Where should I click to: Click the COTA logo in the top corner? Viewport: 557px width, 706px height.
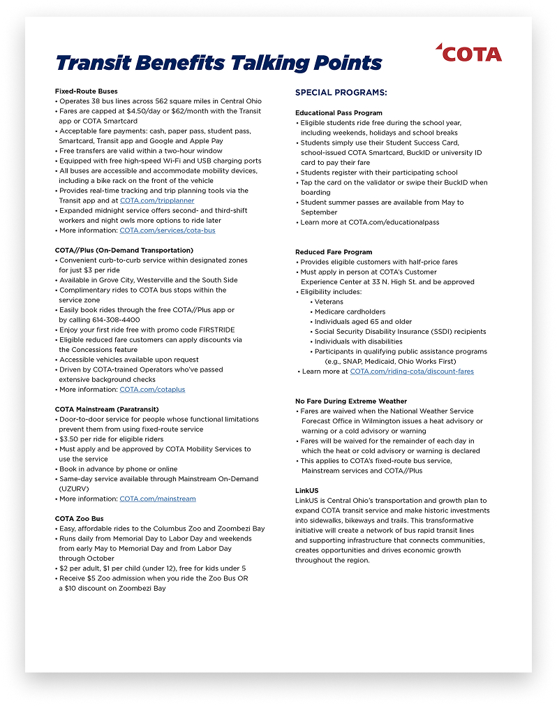[468, 53]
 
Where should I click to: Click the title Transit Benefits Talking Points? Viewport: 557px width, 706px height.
[218, 63]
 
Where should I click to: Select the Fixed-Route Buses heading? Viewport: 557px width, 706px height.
[87, 91]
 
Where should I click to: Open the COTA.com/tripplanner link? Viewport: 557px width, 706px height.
[157, 200]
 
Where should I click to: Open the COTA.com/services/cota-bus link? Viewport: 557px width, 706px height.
[168, 230]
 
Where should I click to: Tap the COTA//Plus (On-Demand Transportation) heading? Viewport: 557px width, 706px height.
[124, 250]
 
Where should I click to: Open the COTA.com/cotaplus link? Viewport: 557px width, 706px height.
[152, 390]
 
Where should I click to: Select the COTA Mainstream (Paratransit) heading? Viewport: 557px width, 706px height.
[107, 409]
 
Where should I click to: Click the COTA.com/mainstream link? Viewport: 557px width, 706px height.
[158, 499]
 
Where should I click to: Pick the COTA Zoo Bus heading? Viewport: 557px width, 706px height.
[79, 519]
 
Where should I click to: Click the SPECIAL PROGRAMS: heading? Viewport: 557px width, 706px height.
[341, 92]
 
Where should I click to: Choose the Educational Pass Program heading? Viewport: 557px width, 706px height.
[339, 112]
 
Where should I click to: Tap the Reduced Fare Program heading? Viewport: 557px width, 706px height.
[334, 252]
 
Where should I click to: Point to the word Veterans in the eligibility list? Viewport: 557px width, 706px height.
[329, 302]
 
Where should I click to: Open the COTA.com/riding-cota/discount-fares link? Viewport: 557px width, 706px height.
[412, 372]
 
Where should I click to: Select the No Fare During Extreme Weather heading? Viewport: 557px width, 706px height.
[350, 402]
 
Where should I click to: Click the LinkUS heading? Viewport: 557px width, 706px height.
[306, 491]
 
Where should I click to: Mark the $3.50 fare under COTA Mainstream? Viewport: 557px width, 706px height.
[70, 439]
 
